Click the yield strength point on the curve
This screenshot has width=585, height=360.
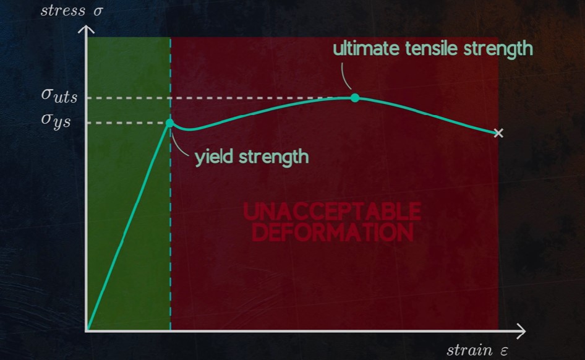tap(170, 122)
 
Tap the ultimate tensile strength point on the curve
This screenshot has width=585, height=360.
tap(355, 98)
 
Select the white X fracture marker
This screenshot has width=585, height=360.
tap(498, 133)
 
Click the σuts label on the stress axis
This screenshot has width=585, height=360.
tap(59, 96)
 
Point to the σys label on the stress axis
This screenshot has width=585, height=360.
tap(56, 121)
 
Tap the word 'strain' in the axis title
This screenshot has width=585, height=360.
tap(470, 351)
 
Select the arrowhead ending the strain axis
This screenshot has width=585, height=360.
tap(521, 331)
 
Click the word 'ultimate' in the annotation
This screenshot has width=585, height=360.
tap(366, 49)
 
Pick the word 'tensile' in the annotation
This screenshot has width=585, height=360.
tap(431, 49)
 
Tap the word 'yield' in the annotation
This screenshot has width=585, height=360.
tap(214, 156)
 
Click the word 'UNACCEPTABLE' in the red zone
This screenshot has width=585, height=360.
tap(333, 212)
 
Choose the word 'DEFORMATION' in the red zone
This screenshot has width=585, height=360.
tap(333, 232)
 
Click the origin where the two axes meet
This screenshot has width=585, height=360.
tap(87, 330)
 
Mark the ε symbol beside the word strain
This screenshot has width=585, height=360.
tap(503, 351)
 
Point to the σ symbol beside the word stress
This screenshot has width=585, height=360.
tap(98, 11)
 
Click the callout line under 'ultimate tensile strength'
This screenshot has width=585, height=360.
tap(345, 75)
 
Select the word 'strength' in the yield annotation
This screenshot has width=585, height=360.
tap(274, 156)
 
